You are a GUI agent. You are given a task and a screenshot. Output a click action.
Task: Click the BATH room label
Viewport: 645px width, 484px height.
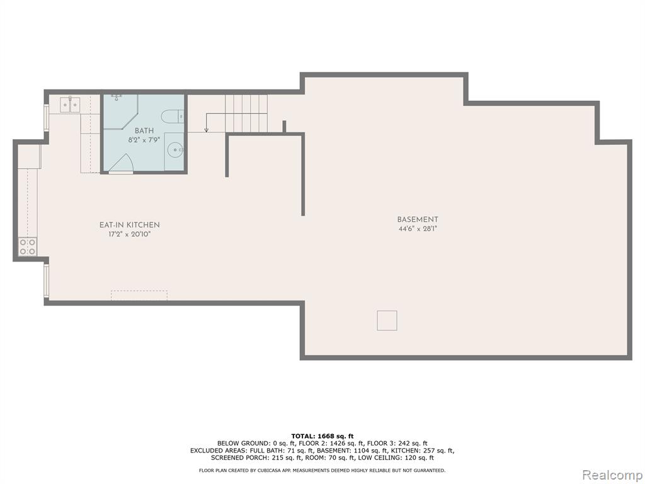[x=144, y=131]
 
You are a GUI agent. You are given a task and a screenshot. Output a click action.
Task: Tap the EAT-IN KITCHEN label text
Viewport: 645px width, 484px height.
[x=130, y=225]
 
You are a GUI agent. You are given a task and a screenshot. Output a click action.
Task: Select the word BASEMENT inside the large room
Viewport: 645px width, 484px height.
[x=418, y=220]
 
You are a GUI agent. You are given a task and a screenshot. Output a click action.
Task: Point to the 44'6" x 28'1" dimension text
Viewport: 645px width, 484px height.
[x=418, y=229]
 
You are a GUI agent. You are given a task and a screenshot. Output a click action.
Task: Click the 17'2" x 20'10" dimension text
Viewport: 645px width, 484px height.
[x=130, y=234]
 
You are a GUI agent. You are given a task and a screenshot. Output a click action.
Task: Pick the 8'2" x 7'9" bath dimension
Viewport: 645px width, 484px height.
[x=144, y=140]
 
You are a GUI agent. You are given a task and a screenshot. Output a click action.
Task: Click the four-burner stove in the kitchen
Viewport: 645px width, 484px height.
[x=28, y=247]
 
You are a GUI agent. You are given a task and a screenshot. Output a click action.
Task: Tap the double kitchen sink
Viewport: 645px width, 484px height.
[x=70, y=105]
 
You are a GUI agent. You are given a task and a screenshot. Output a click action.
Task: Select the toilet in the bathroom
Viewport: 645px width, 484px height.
[x=173, y=117]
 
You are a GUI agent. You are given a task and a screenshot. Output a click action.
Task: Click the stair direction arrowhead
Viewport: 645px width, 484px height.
[x=207, y=130]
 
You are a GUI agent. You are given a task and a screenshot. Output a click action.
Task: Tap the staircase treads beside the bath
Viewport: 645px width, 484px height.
[x=246, y=113]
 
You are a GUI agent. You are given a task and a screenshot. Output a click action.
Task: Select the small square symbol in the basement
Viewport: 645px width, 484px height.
[x=387, y=321]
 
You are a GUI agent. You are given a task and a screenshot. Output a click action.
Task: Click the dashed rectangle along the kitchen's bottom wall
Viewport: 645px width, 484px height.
[x=139, y=296]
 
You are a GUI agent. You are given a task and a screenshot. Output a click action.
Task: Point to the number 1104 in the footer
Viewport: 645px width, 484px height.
[x=362, y=451]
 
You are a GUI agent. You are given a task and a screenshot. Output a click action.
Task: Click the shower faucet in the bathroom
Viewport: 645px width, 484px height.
[x=117, y=97]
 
